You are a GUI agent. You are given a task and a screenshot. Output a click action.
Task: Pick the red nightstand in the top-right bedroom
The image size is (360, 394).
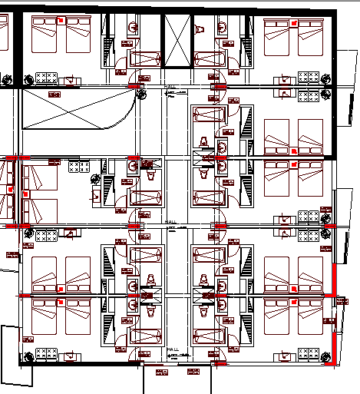click(292, 25)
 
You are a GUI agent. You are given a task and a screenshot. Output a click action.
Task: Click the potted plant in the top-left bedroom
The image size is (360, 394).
click(28, 78)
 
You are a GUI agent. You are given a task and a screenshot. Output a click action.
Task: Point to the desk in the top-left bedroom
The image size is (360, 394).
click(48, 78)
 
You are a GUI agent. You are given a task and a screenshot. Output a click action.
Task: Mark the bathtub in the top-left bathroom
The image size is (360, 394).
click(145, 58)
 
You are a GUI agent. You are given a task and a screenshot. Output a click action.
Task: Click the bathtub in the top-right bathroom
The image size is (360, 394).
click(209, 58)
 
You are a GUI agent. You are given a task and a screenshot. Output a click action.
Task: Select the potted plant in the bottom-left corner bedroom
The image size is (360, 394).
click(28, 356)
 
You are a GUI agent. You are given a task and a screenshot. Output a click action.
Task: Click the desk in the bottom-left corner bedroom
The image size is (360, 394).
click(48, 355)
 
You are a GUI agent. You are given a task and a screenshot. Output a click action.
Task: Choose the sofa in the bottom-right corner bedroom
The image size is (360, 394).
click(309, 354)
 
